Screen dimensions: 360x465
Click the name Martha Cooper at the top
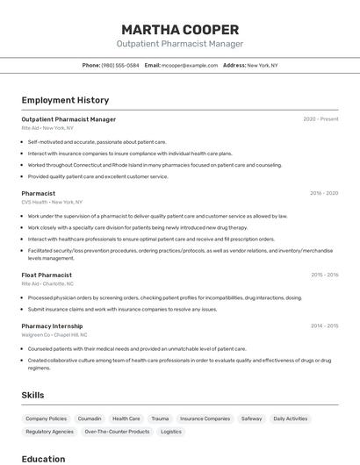click(x=180, y=28)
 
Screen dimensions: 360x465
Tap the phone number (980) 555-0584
click(x=120, y=65)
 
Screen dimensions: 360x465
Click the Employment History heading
click(x=65, y=100)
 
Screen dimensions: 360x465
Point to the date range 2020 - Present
click(x=320, y=118)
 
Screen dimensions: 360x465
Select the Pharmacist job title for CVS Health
click(x=39, y=193)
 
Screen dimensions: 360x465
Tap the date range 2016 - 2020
click(x=324, y=193)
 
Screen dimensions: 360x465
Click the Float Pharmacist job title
click(x=47, y=275)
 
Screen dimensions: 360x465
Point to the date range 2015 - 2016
click(x=324, y=275)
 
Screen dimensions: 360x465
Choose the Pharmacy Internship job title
click(x=54, y=325)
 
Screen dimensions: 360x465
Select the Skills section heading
click(x=33, y=395)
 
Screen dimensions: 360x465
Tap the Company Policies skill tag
click(x=46, y=418)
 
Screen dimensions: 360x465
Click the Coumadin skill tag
click(x=90, y=418)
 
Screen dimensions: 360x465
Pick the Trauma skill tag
click(x=160, y=418)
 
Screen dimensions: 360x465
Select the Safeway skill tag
click(x=252, y=418)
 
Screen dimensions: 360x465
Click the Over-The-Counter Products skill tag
click(x=117, y=432)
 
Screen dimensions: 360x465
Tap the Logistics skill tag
click(x=171, y=432)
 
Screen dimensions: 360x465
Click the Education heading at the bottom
click(x=44, y=458)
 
